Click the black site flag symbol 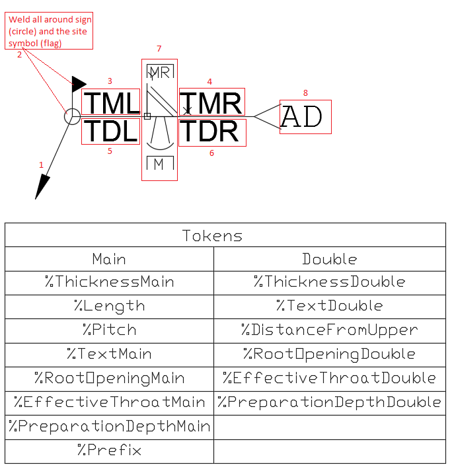click(78, 84)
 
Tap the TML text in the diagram click(112, 103)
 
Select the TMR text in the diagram click(211, 103)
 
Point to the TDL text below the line click(111, 131)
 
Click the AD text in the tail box click(302, 116)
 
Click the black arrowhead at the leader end click(42, 187)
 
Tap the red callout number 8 click(305, 93)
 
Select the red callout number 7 click(159, 49)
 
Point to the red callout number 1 click(42, 165)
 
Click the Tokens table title click(212, 236)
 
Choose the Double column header click(330, 259)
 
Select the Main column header click(109, 259)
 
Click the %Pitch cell click(110, 330)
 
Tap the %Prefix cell click(109, 450)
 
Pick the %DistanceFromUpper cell click(330, 330)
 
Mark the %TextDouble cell click(330, 305)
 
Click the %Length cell click(110, 306)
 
